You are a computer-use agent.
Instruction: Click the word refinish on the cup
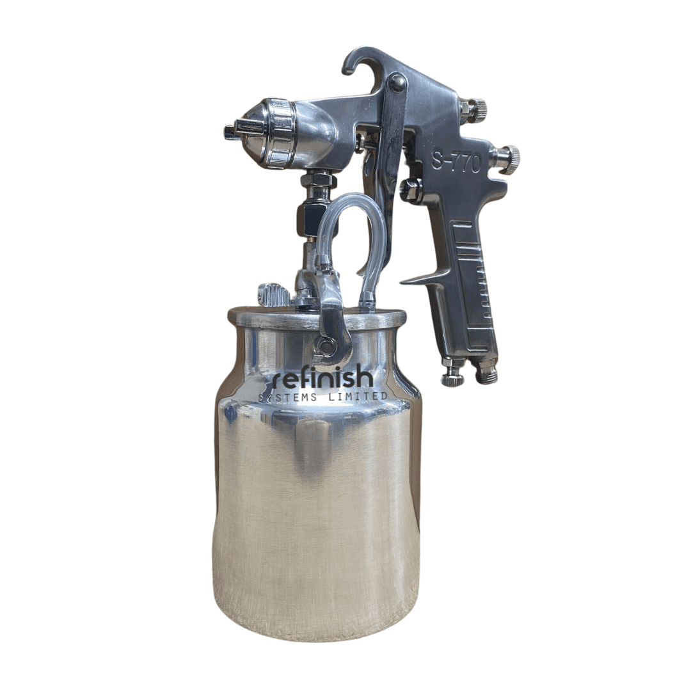(x=324, y=377)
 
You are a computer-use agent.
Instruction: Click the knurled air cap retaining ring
(x=281, y=133)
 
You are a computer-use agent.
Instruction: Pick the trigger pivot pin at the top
(x=398, y=82)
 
